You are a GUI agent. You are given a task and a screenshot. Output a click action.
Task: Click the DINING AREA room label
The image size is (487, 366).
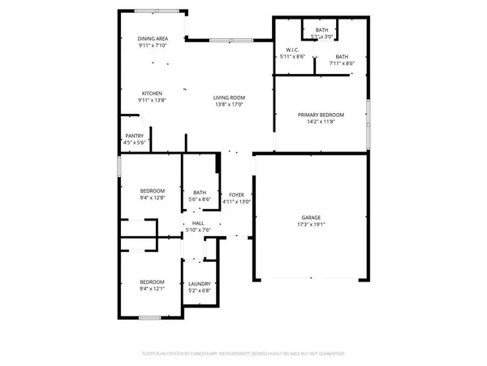[x=153, y=38]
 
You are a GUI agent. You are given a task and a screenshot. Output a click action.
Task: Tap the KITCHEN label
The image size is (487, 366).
[x=153, y=93]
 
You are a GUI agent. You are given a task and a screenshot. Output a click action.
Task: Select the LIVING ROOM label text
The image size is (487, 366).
[x=229, y=98]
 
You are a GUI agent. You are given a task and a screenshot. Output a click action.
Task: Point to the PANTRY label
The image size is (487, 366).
[x=134, y=136]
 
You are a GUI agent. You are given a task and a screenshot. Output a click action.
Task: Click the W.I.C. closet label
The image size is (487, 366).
[x=291, y=50]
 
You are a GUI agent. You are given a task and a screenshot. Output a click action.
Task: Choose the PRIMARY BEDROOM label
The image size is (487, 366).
[x=321, y=115]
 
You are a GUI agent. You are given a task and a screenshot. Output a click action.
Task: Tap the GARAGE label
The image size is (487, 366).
[x=312, y=217]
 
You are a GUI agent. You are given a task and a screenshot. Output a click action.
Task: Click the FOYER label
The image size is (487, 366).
[x=236, y=195]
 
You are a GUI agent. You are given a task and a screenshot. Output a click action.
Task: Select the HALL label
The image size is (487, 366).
[x=197, y=223]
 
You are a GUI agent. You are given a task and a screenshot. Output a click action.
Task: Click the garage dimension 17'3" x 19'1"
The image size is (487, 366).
[x=312, y=224]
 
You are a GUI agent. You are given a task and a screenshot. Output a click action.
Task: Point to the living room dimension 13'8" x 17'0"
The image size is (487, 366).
[x=229, y=104]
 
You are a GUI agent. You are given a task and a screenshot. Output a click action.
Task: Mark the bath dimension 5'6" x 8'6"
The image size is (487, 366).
[x=200, y=199]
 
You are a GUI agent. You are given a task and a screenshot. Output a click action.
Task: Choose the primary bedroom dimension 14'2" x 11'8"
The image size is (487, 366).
[x=321, y=122]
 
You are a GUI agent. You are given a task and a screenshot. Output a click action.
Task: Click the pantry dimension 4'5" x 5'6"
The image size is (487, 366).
[x=134, y=142]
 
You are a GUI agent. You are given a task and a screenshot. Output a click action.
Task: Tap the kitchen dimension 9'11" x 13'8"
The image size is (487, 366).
[x=153, y=99]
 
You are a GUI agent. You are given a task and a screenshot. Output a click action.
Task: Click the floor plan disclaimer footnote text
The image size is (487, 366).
[x=243, y=354]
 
